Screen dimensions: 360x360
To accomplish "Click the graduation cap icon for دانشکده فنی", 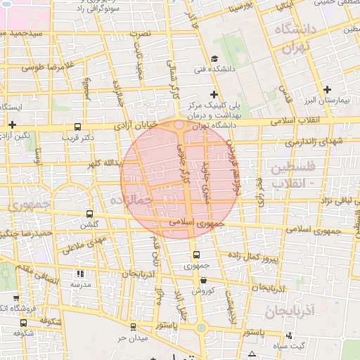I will click(x=214, y=58).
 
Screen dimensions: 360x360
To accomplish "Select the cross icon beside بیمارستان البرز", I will click(x=327, y=89).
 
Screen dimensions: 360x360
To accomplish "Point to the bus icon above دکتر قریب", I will click(x=77, y=127).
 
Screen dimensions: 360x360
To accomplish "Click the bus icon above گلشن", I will click(x=89, y=214).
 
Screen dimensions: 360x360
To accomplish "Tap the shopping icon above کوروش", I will click(x=203, y=280).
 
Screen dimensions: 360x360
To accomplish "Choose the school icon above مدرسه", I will click(x=80, y=274).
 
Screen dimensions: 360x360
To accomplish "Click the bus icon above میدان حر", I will click(x=131, y=328).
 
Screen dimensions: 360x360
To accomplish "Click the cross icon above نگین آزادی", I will click(x=12, y=124).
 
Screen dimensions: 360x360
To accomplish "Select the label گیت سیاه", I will click(x=309, y=346).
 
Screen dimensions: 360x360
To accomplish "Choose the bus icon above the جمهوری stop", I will click(x=195, y=255).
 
